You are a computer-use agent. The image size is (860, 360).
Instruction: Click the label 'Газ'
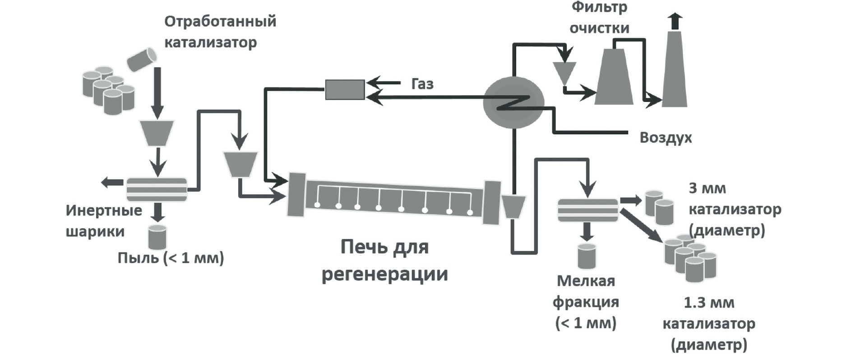click(x=422, y=84)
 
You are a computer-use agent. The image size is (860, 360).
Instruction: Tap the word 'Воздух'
click(x=665, y=137)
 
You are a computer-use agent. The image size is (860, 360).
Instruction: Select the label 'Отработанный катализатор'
click(x=220, y=32)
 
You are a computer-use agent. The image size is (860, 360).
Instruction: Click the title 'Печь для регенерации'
click(x=384, y=260)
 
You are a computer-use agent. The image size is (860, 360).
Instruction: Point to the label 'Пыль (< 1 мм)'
click(x=171, y=258)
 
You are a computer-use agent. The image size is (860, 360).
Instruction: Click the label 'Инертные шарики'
click(x=103, y=221)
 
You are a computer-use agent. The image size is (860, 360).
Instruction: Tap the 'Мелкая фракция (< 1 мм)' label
click(x=586, y=302)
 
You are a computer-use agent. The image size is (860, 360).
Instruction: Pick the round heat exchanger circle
click(x=513, y=102)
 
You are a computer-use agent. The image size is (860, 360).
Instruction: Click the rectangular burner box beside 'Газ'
click(x=345, y=89)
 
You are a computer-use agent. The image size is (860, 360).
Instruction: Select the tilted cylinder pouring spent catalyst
click(x=141, y=59)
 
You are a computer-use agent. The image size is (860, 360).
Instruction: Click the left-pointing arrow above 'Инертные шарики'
click(x=112, y=182)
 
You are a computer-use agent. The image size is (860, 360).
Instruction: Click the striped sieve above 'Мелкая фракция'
click(x=587, y=210)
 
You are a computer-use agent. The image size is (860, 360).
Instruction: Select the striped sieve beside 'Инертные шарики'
click(x=156, y=189)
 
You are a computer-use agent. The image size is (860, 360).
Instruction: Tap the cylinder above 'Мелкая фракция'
click(x=587, y=256)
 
